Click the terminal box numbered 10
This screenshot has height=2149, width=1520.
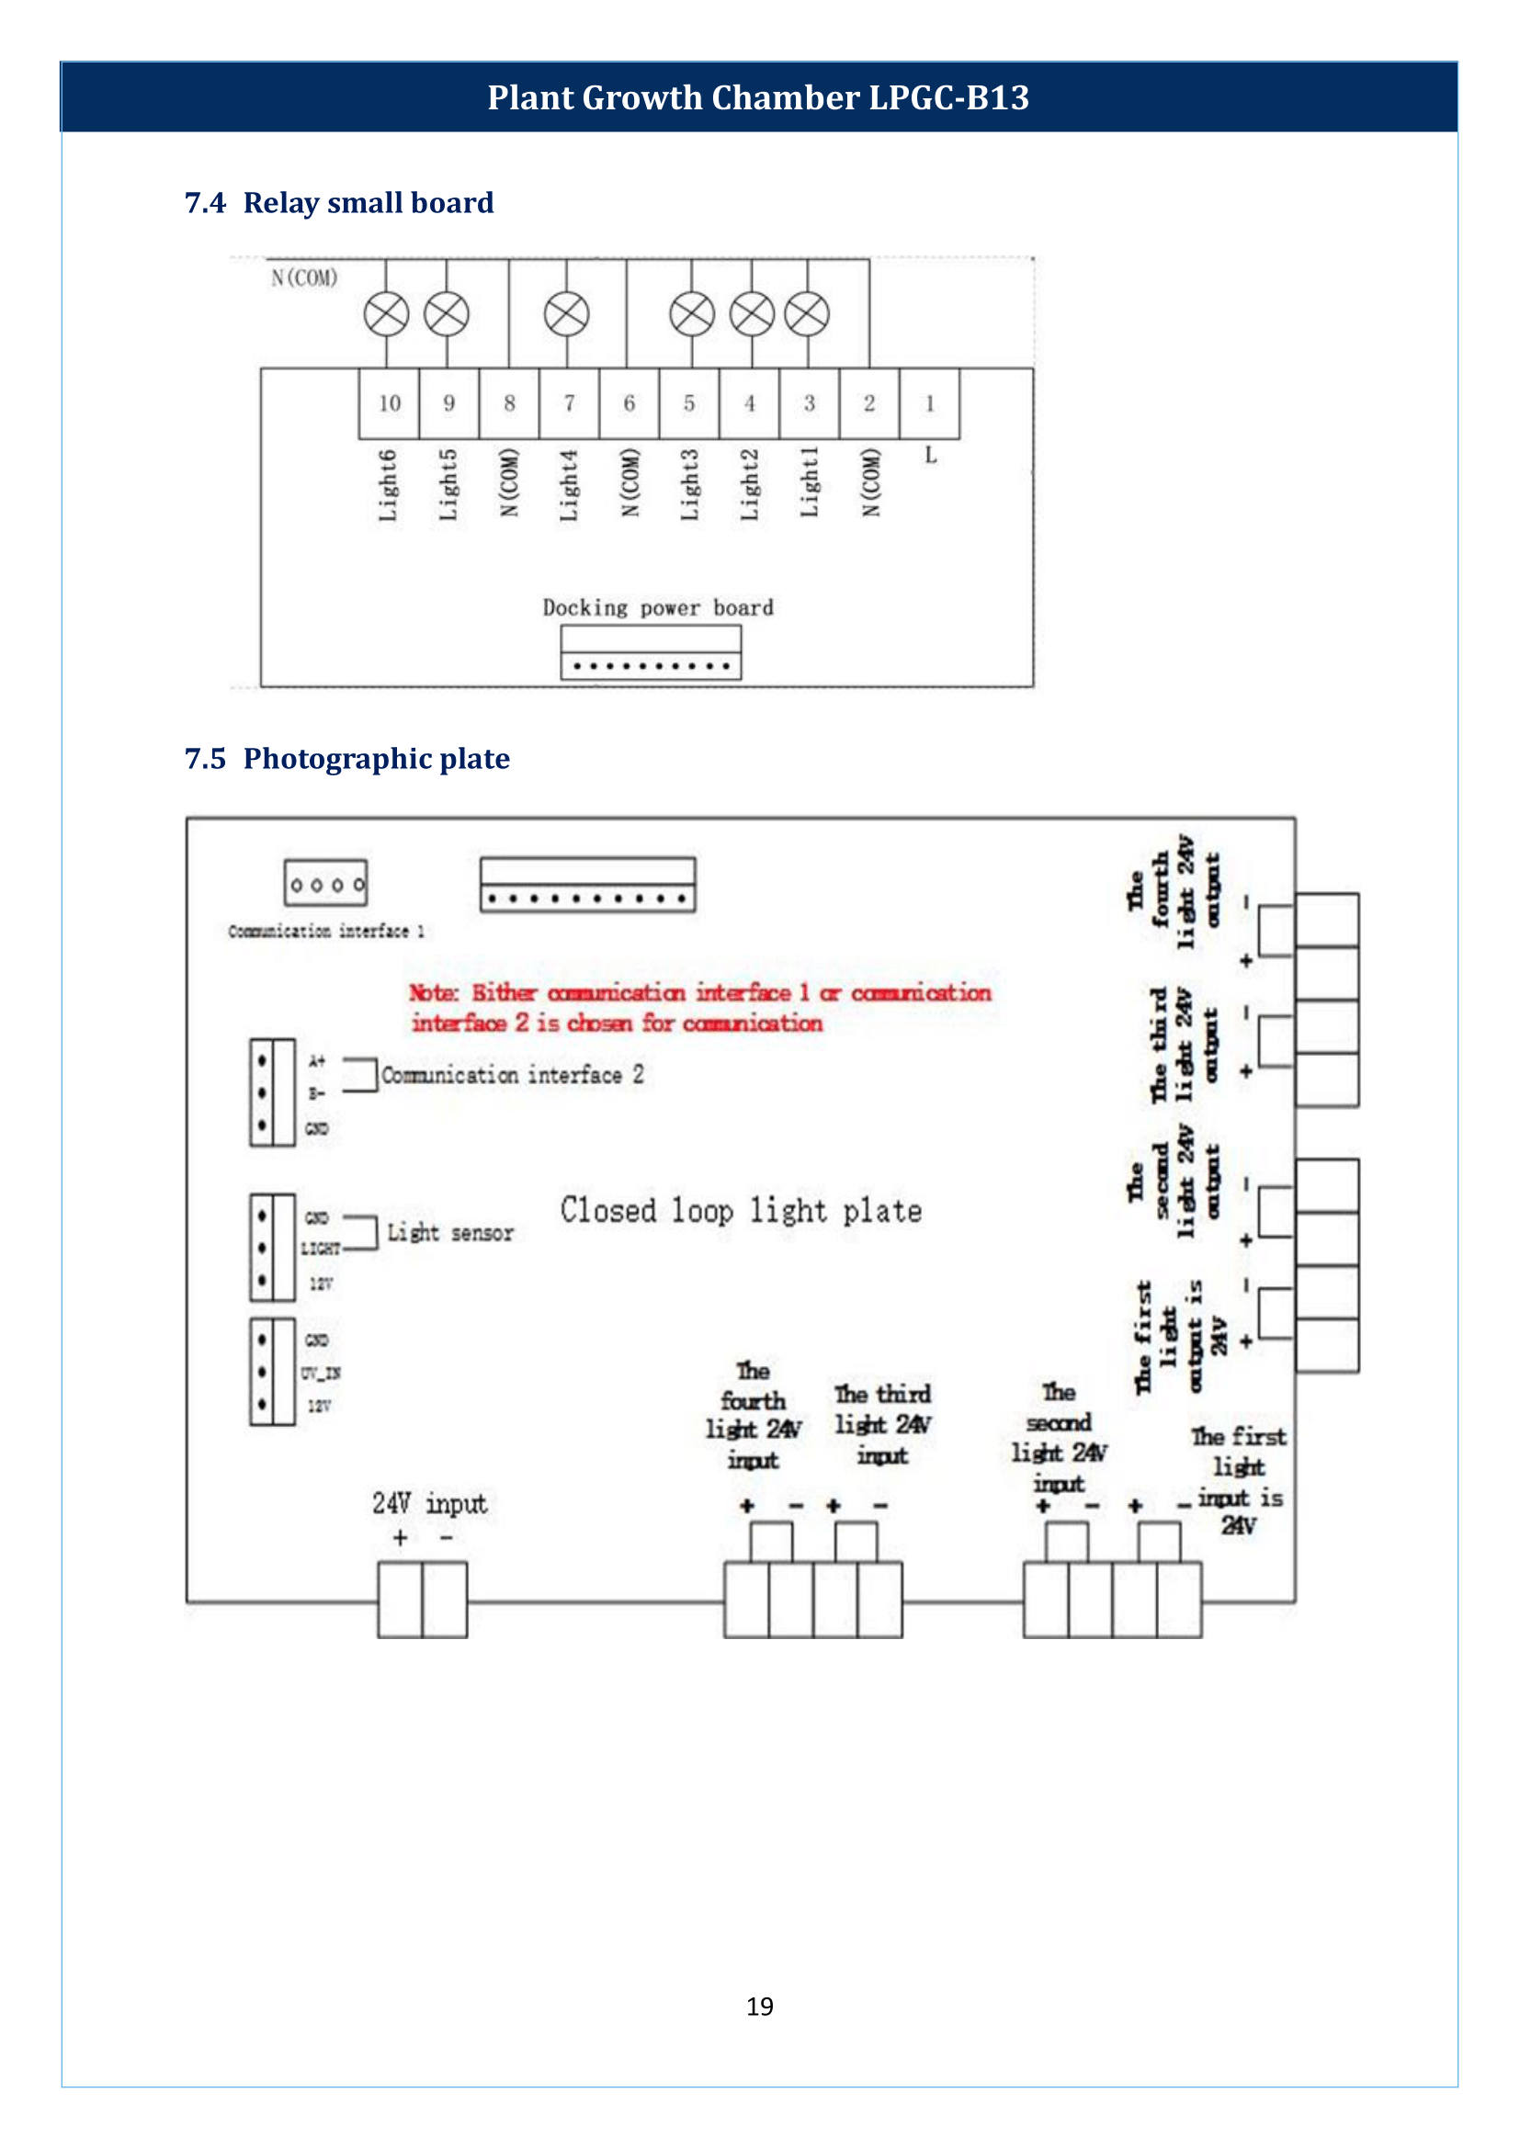pos(390,403)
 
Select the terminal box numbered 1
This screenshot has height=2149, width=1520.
pos(929,403)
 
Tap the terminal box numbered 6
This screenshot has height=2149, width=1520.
pos(629,403)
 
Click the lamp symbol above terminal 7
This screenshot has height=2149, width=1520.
pos(567,313)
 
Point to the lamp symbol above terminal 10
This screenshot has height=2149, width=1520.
pos(387,313)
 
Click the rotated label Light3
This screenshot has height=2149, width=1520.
pos(690,485)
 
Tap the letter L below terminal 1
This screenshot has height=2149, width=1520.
pos(930,456)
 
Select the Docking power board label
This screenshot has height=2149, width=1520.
pos(658,607)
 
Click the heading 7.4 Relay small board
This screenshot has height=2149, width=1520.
pos(339,202)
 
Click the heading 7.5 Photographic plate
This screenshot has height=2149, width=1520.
pos(347,758)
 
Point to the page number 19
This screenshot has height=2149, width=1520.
pos(759,2006)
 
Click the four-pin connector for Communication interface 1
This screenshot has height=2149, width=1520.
pos(325,884)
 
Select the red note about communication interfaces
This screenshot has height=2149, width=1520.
pos(700,1007)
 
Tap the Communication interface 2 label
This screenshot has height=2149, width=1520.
pos(512,1075)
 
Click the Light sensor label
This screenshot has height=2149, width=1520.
pos(450,1233)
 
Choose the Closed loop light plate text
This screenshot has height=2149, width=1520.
pos(742,1210)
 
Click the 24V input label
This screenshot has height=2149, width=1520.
pos(429,1503)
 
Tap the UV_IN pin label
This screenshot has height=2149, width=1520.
pos(320,1373)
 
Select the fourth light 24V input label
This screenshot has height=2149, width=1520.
pos(754,1415)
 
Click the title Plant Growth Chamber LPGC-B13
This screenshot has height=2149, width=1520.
pos(758,97)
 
